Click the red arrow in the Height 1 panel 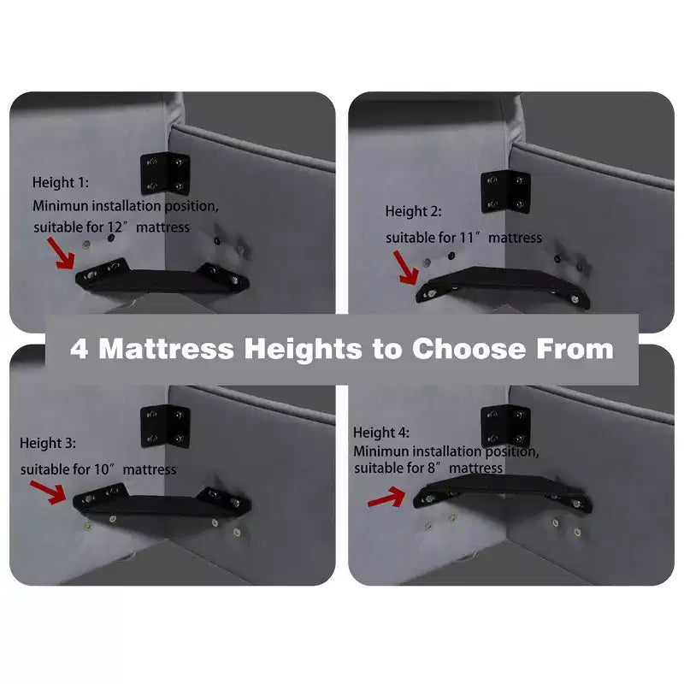click(x=61, y=253)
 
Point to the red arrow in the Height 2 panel click(x=405, y=268)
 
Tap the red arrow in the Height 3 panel click(x=48, y=492)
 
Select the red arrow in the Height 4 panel click(x=386, y=498)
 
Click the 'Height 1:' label click(x=60, y=182)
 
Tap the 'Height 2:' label click(x=413, y=211)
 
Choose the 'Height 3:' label click(x=48, y=443)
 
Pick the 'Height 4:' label click(x=380, y=433)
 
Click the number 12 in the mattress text click(x=115, y=227)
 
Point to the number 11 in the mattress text click(x=467, y=238)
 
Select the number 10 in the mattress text click(x=101, y=469)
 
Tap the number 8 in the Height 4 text click(x=432, y=468)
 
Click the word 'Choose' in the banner click(x=469, y=349)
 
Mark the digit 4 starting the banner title click(x=79, y=349)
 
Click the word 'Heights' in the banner click(x=304, y=350)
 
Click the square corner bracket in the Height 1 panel click(x=165, y=174)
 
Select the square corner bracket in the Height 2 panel click(x=505, y=192)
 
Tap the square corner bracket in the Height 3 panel click(x=165, y=427)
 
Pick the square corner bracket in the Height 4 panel click(x=505, y=427)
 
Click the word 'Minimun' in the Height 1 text click(x=60, y=205)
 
